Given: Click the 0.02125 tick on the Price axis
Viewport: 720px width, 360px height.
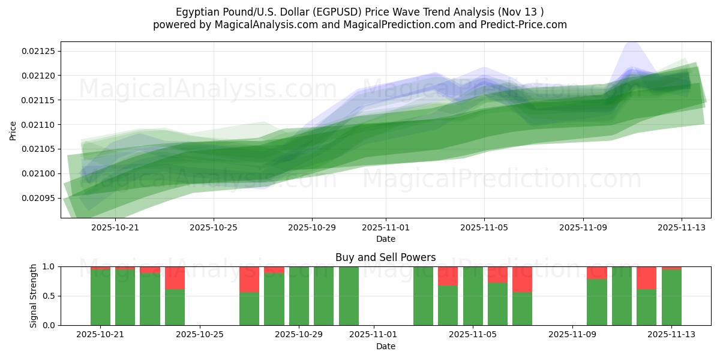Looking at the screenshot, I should click(38, 51).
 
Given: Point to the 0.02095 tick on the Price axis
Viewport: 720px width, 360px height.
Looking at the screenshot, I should click(38, 198).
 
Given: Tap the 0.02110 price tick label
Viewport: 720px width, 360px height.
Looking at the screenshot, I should click(38, 125).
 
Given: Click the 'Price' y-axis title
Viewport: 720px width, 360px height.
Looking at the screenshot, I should click(13, 130).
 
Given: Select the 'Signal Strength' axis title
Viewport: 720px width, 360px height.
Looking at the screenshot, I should click(34, 296).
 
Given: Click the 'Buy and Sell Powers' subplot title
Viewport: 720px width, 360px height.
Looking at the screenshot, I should click(385, 257).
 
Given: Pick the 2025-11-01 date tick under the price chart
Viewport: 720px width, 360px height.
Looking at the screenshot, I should click(386, 227).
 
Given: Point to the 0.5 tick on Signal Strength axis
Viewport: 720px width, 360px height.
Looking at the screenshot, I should click(47, 296).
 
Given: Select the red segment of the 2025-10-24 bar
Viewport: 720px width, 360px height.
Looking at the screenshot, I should click(175, 278).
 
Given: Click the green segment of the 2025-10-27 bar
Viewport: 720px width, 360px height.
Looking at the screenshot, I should click(249, 308).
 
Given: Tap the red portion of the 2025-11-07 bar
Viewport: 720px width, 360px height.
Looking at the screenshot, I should click(522, 279).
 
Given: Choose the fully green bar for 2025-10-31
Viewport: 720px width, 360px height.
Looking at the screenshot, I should click(349, 296).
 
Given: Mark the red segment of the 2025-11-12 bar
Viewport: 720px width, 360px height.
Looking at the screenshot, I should click(646, 278).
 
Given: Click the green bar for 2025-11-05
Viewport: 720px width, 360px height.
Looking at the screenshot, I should click(473, 296).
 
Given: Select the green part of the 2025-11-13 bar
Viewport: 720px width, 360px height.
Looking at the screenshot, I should click(671, 298).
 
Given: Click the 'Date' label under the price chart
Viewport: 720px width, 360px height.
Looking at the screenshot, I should click(385, 239).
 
